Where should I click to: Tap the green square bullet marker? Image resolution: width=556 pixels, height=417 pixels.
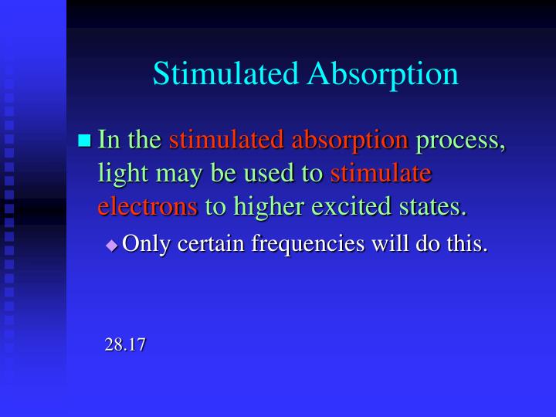[85, 141]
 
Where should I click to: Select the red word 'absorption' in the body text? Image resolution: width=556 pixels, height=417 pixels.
[350, 141]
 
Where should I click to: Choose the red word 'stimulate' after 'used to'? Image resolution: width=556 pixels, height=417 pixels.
[381, 174]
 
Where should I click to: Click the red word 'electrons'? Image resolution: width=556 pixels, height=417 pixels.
[147, 207]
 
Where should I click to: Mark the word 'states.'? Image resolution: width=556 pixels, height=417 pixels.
[438, 207]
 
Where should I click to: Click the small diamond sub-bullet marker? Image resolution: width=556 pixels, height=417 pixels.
[112, 245]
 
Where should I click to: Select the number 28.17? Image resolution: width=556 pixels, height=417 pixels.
[125, 345]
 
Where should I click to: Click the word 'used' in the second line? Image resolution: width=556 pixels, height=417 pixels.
[273, 174]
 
